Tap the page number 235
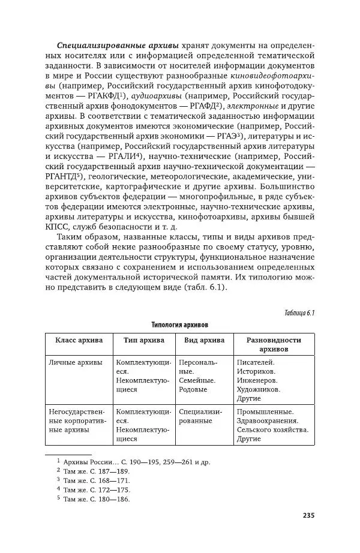[308, 516]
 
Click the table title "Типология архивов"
[180, 324]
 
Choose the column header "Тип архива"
[144, 339]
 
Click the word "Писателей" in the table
[256, 363]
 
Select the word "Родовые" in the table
[193, 389]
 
